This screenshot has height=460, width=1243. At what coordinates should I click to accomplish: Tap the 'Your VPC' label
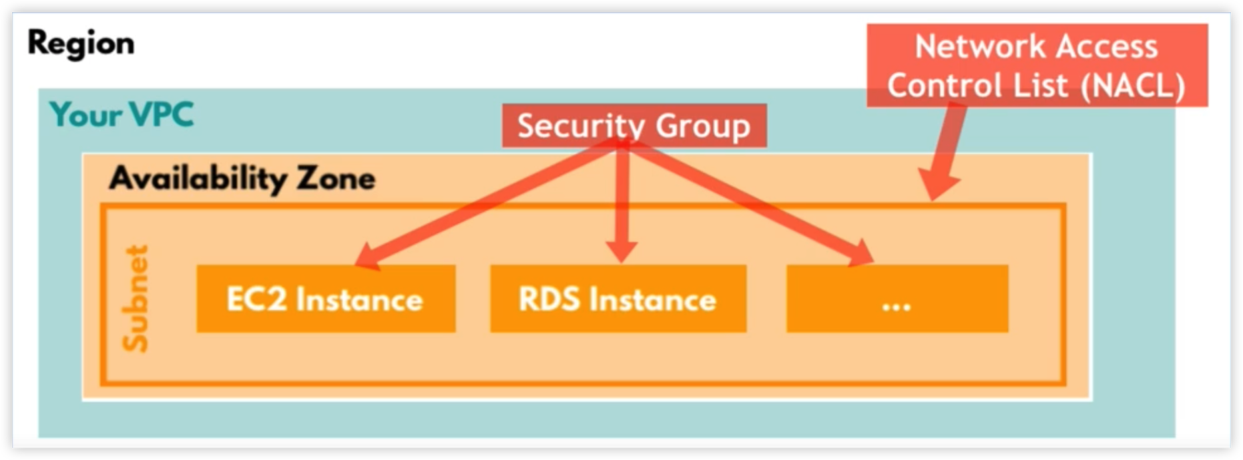tap(121, 115)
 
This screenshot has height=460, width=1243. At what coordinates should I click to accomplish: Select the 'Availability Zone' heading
tap(242, 178)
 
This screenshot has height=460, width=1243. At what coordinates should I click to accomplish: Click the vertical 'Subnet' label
tap(136, 298)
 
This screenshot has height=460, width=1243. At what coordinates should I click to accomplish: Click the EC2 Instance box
tap(326, 299)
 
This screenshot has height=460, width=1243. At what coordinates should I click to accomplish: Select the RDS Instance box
tap(618, 299)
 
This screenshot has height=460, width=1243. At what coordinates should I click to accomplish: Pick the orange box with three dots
tap(897, 299)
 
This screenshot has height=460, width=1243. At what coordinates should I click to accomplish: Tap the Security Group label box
tap(634, 126)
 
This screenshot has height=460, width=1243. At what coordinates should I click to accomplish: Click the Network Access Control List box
tap(1037, 65)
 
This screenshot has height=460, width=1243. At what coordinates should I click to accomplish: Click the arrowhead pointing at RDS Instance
tap(621, 252)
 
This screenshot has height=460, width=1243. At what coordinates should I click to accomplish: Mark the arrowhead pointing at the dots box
tap(862, 254)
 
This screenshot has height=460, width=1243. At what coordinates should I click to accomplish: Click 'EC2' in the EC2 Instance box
tap(256, 299)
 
